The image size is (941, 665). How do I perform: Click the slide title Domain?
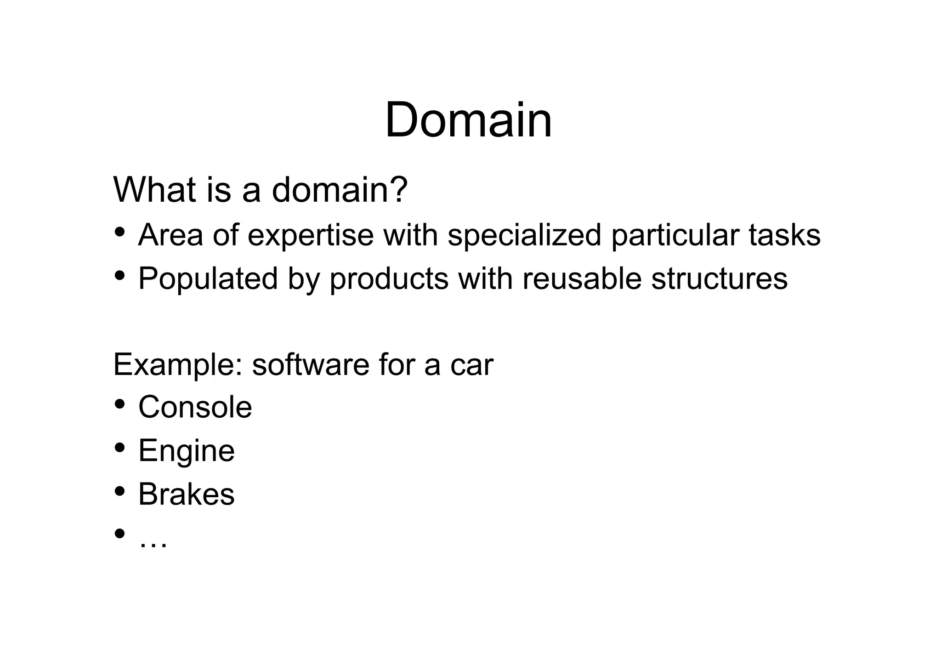pyautogui.click(x=468, y=120)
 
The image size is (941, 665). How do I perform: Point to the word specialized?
pyautogui.click(x=524, y=235)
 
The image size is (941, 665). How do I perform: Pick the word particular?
pyautogui.click(x=675, y=235)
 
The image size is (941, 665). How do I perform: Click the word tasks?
pyautogui.click(x=784, y=235)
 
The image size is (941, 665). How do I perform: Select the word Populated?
pyautogui.click(x=208, y=279)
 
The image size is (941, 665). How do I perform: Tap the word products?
pyautogui.click(x=389, y=279)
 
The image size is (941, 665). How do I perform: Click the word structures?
pyautogui.click(x=719, y=279)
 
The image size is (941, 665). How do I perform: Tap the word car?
pyautogui.click(x=471, y=365)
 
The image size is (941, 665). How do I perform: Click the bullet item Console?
pyautogui.click(x=195, y=407)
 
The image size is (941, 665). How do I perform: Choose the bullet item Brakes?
pyautogui.click(x=186, y=494)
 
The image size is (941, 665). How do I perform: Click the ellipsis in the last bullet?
pyautogui.click(x=153, y=542)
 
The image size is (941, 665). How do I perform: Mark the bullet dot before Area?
pyautogui.click(x=120, y=231)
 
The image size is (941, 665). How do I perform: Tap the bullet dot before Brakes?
pyautogui.click(x=120, y=491)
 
